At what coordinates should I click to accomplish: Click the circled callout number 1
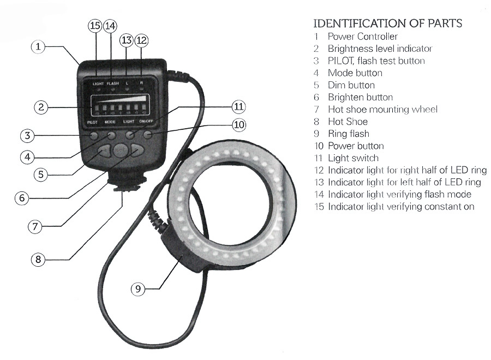pyautogui.click(x=38, y=47)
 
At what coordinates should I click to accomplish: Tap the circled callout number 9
pyautogui.click(x=139, y=289)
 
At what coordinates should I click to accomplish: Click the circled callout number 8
pyautogui.click(x=38, y=259)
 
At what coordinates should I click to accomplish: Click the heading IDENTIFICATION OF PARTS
pyautogui.click(x=388, y=23)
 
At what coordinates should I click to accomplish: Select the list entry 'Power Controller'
pyautogui.click(x=362, y=37)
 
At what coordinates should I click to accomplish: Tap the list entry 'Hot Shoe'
pyautogui.click(x=348, y=122)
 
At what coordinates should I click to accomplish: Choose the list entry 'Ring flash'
pyautogui.click(x=348, y=134)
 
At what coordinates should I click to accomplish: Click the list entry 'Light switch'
pyautogui.click(x=353, y=158)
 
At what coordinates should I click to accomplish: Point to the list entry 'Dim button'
pyautogui.click(x=351, y=85)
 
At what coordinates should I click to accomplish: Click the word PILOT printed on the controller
pyautogui.click(x=92, y=122)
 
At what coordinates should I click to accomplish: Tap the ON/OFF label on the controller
pyautogui.click(x=146, y=122)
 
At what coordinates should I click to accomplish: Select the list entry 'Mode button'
pyautogui.click(x=355, y=73)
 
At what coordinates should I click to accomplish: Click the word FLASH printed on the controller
pyautogui.click(x=112, y=83)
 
